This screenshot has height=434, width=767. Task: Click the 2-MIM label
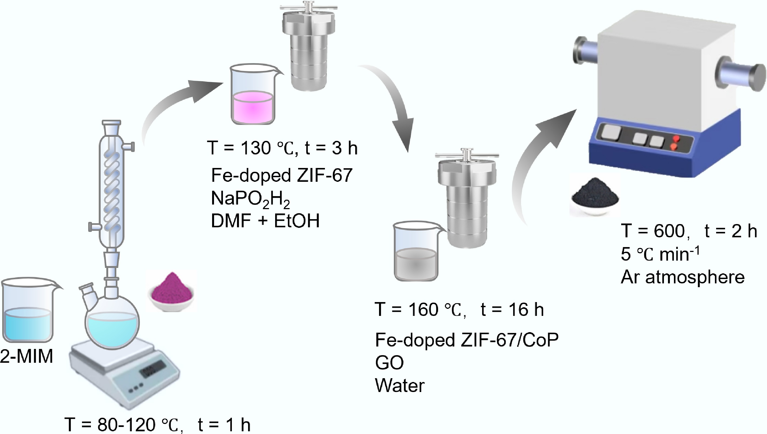point(27,356)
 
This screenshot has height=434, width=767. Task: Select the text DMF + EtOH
point(265,221)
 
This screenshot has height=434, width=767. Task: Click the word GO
point(389,362)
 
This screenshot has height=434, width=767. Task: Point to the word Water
point(400,386)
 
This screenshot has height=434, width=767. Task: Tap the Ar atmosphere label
point(682,277)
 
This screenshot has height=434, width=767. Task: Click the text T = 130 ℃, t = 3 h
point(282,148)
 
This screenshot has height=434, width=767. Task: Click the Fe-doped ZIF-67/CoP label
point(467,340)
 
